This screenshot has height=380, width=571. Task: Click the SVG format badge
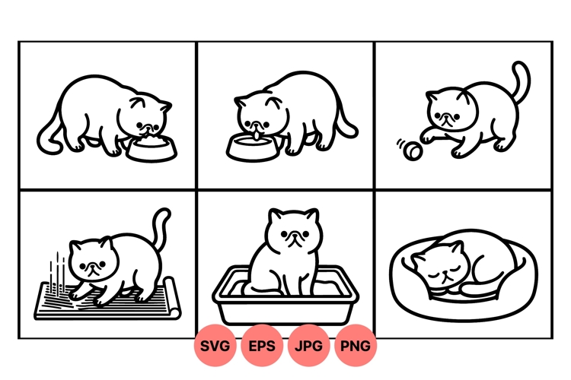click(215, 346)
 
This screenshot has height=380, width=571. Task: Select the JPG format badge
click(309, 346)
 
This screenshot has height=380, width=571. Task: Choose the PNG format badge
click(356, 346)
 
